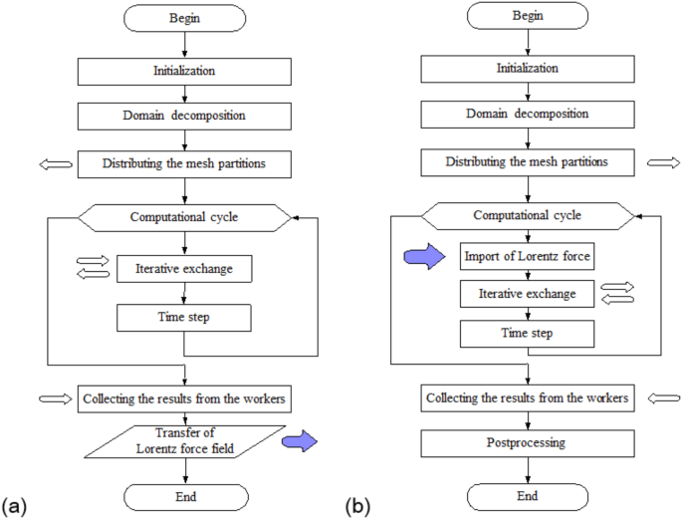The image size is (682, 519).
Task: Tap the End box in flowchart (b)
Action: pos(529,495)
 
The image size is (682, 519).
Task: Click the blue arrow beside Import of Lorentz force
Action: pos(421,257)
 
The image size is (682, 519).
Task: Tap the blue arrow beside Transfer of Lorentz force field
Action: pos(300,440)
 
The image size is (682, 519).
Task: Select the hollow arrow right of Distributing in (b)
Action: pos(663,161)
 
